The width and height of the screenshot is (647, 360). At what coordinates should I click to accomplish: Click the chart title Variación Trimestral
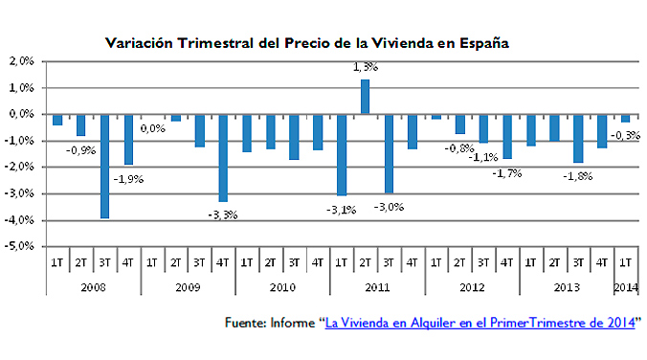(x=306, y=43)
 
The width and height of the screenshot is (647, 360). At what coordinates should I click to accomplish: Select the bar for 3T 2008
(x=105, y=166)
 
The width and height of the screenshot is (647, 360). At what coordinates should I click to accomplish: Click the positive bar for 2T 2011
(x=365, y=97)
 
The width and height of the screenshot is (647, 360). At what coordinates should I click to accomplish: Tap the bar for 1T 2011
(x=342, y=154)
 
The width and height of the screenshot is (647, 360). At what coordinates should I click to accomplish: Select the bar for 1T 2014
(x=625, y=118)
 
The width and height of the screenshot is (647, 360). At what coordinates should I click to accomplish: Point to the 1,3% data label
(x=366, y=67)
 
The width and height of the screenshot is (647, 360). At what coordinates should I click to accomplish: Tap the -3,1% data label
(x=341, y=210)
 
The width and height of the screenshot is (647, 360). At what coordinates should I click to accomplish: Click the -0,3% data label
(x=625, y=135)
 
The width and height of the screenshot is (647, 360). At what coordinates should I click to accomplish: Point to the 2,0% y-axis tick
(x=20, y=61)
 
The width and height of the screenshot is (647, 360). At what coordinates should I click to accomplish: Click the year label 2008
(x=93, y=286)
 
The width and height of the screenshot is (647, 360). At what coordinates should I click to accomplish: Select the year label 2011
(x=376, y=286)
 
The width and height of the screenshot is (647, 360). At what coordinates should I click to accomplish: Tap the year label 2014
(x=625, y=286)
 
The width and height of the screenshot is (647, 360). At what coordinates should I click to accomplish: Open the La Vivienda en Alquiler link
(x=480, y=324)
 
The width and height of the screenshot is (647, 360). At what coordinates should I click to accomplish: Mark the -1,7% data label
(x=506, y=173)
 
